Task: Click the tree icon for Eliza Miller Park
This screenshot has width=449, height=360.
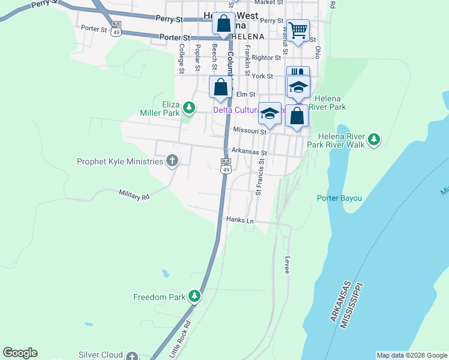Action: pyautogui.click(x=189, y=107)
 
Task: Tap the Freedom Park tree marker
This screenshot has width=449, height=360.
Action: pyautogui.click(x=194, y=296)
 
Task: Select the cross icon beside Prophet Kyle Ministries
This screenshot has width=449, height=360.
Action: pyautogui.click(x=172, y=161)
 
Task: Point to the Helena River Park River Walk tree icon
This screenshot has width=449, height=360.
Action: pyautogui.click(x=374, y=139)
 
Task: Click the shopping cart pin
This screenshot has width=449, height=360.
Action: pyautogui.click(x=298, y=29)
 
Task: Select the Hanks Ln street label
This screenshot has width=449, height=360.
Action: pyautogui.click(x=240, y=220)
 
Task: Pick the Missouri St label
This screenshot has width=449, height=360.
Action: pyautogui.click(x=249, y=130)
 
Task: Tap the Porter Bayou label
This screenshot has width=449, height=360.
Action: pyautogui.click(x=340, y=198)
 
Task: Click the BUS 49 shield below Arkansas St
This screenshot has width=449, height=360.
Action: pyautogui.click(x=226, y=166)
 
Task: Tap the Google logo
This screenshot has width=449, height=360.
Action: pyautogui.click(x=20, y=353)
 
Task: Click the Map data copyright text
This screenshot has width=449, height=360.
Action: pyautogui.click(x=411, y=355)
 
